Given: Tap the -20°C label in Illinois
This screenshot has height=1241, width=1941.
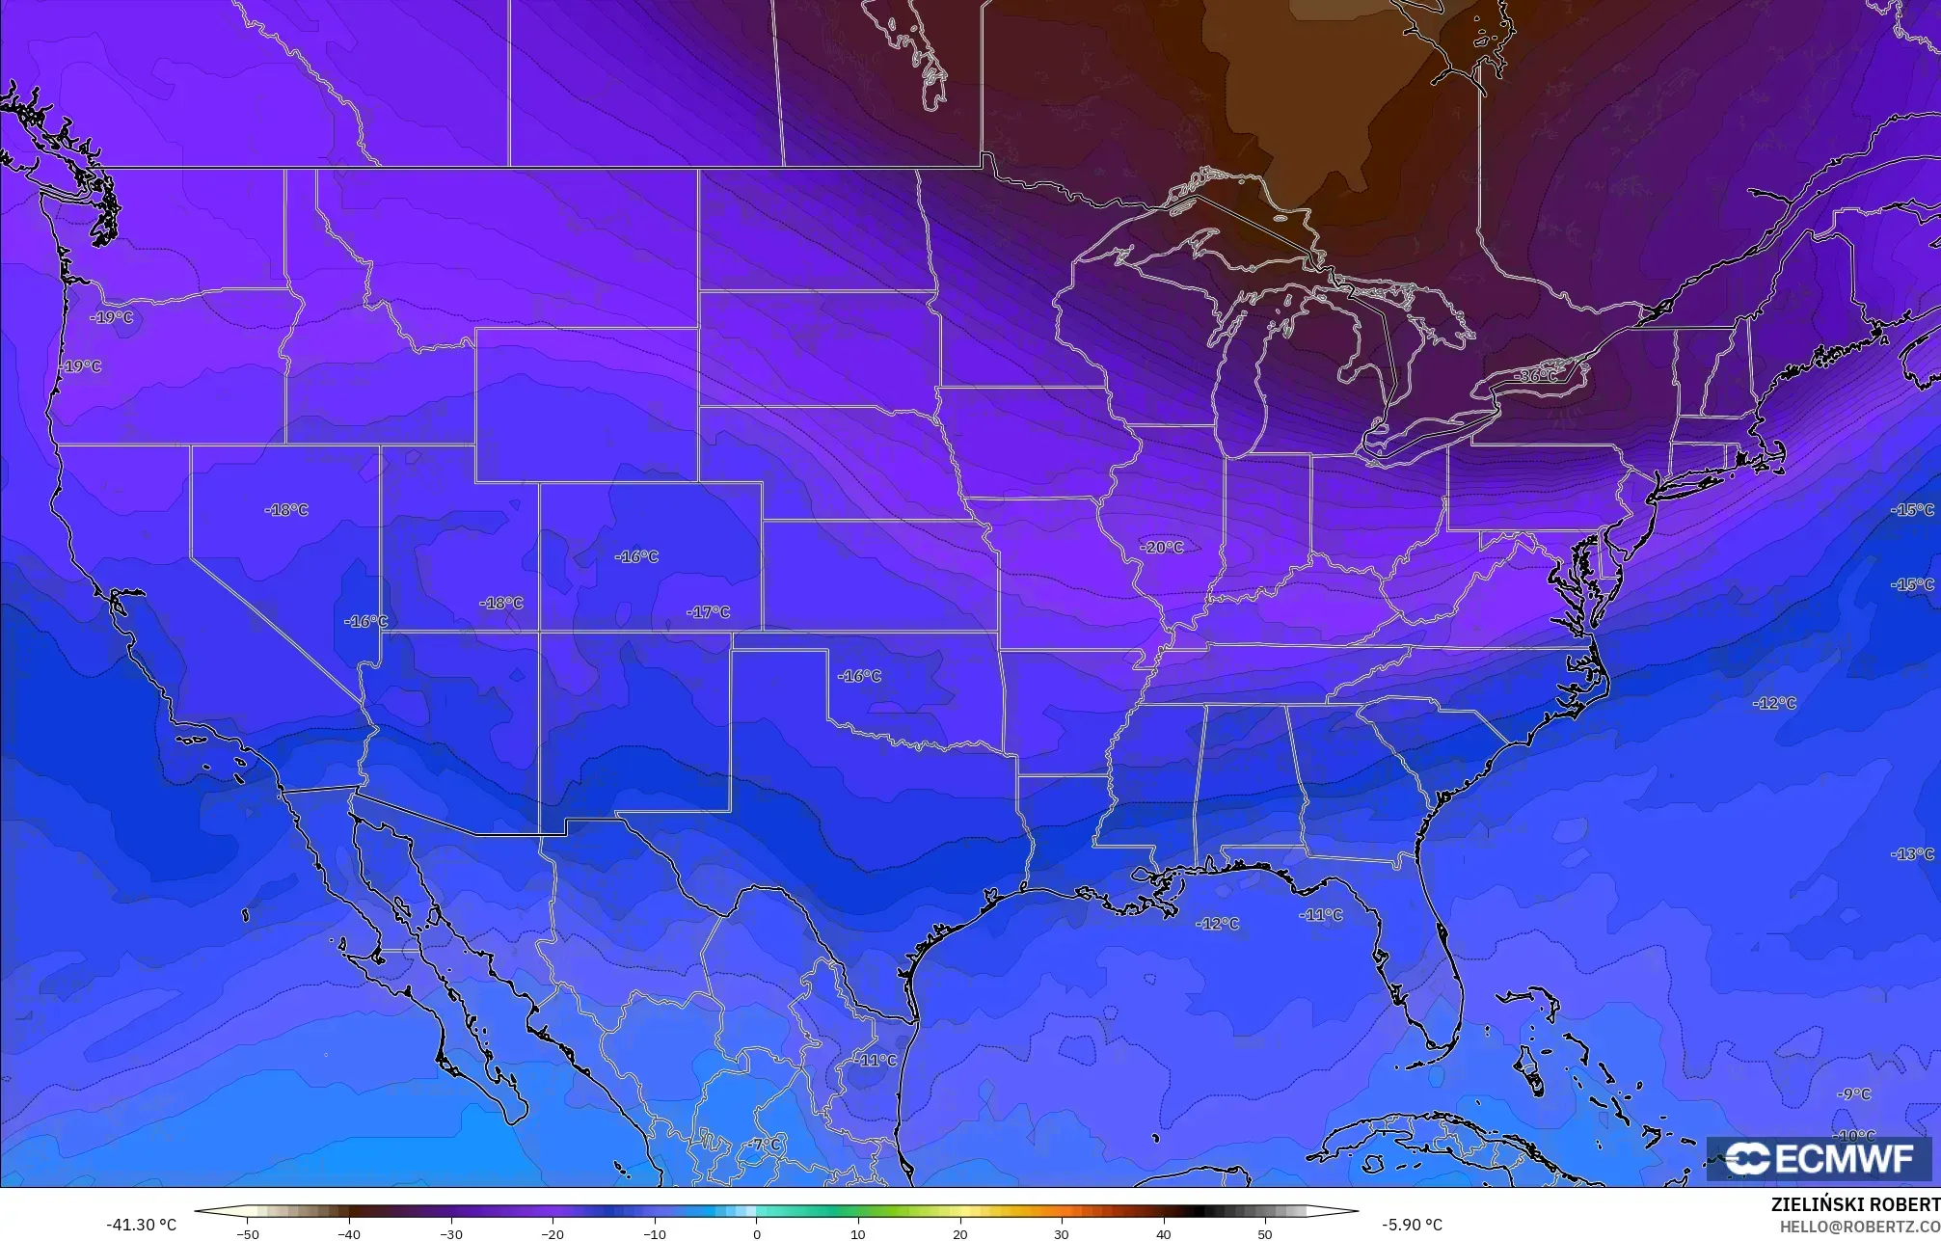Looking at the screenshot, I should (x=1162, y=547).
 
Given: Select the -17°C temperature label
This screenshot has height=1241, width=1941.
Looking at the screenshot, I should (x=709, y=612).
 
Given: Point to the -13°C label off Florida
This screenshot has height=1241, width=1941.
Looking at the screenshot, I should (x=1913, y=854).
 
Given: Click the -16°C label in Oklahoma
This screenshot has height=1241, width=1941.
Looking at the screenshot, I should (x=859, y=676).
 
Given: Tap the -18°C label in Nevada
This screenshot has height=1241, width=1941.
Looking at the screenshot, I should (x=286, y=509).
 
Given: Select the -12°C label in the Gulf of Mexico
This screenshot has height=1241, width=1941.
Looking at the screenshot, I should (x=1217, y=924).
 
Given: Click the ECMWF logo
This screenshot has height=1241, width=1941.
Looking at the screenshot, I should (x=1819, y=1159).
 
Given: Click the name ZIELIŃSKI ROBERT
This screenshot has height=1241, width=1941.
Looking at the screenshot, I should (x=1855, y=1204).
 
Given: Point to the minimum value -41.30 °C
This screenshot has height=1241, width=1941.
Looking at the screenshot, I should (x=141, y=1225).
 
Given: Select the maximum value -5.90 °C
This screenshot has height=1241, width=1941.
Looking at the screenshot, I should (x=1412, y=1225).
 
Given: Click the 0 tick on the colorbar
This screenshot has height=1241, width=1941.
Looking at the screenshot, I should (x=757, y=1233).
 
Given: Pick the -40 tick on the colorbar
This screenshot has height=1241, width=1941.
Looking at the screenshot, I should (x=349, y=1233).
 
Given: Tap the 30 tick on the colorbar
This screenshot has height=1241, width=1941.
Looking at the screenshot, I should (x=1062, y=1233).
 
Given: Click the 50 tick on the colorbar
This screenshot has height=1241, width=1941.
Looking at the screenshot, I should (x=1265, y=1233).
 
